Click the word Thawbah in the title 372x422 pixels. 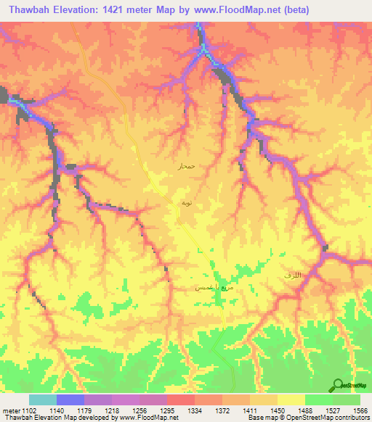(x=29, y=9)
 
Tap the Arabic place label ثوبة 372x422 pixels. (x=186, y=204)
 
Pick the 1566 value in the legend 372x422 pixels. (x=360, y=410)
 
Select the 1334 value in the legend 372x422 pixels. (x=195, y=410)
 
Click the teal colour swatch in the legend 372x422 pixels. (x=43, y=400)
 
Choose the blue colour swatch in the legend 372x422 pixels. (x=70, y=400)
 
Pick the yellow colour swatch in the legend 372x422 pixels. (x=291, y=400)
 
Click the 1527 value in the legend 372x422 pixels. (x=332, y=410)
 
